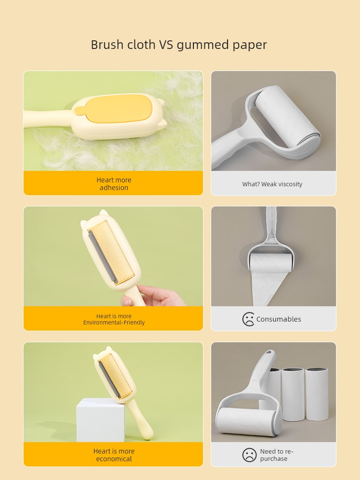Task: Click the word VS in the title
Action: [166, 45]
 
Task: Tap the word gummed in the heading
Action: [203, 45]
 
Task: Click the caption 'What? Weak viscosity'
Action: [272, 184]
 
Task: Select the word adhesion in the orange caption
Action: [114, 188]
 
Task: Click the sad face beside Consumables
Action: [248, 319]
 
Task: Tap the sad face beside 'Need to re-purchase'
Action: [249, 455]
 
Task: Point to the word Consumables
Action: [278, 319]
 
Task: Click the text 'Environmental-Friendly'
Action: [114, 323]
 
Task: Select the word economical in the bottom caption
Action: [114, 459]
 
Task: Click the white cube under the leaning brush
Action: [100, 420]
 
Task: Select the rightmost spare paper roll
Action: [317, 394]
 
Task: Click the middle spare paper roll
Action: [293, 394]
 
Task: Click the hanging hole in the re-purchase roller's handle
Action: [268, 353]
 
